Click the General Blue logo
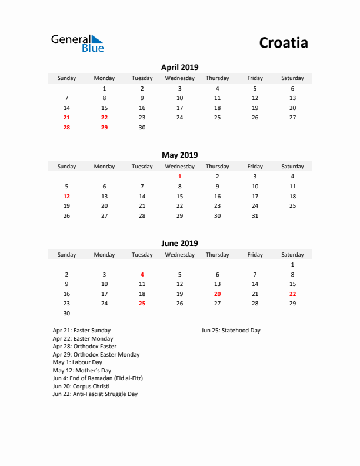point(77,43)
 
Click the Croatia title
point(284,43)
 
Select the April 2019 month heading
point(179,67)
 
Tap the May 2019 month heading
point(179,155)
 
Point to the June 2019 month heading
point(179,243)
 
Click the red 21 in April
point(66,118)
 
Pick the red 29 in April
point(104,128)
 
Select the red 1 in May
point(179,176)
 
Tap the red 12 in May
point(66,196)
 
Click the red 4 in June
point(142,274)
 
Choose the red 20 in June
point(217,294)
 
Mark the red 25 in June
point(142,304)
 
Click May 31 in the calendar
point(255,216)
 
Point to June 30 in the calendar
point(66,314)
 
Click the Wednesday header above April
point(179,78)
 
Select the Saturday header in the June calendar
point(292,255)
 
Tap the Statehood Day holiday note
point(231,331)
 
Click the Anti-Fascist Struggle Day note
point(95,394)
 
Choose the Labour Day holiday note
point(77,362)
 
